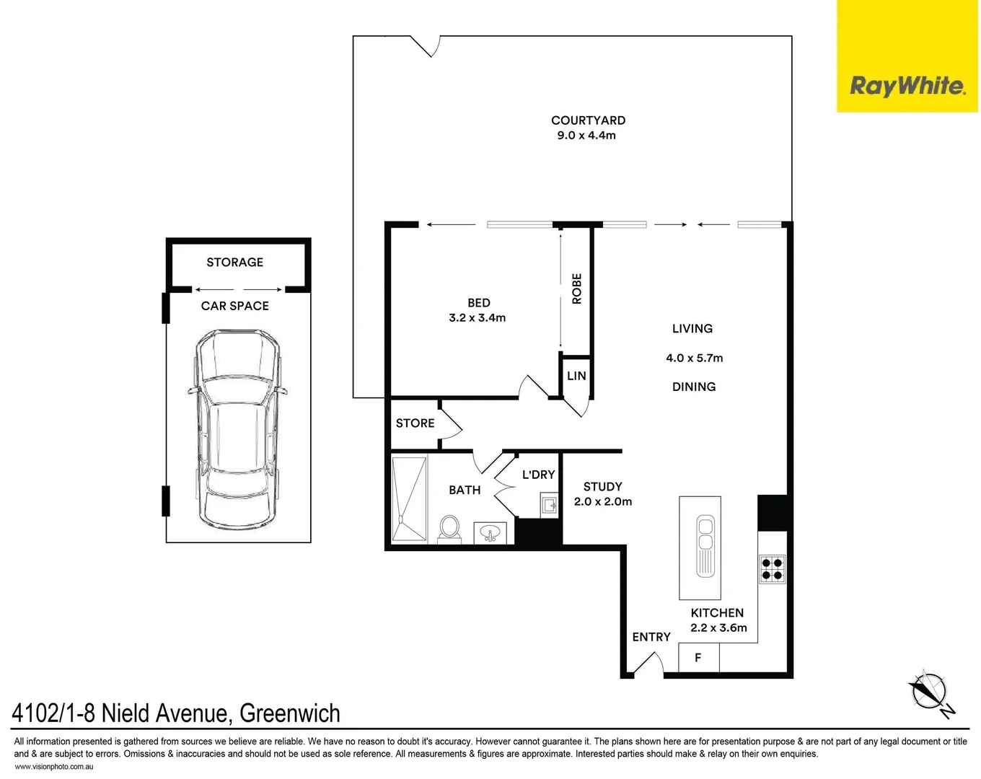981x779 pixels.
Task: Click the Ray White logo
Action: coord(907,86)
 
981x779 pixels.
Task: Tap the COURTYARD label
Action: coord(588,120)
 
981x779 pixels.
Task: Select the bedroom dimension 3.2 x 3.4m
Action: coord(477,318)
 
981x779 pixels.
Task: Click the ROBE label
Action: coord(576,289)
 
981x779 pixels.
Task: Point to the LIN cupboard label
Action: coord(576,376)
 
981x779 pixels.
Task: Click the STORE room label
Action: coord(415,423)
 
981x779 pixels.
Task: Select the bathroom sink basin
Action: coord(490,534)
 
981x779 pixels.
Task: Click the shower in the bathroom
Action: coord(409,498)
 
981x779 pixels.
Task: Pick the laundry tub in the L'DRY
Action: coord(549,505)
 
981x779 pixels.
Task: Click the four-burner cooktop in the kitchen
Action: coord(772,568)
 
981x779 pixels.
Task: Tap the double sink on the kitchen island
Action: coord(703,546)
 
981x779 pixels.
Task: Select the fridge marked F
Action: coord(698,658)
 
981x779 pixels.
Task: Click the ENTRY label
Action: coord(651,637)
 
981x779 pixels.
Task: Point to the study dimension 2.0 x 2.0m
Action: coord(602,502)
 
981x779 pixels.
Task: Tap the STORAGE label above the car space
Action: coord(234,263)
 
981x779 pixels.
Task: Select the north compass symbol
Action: coord(929,693)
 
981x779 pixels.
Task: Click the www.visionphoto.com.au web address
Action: coord(54,767)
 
